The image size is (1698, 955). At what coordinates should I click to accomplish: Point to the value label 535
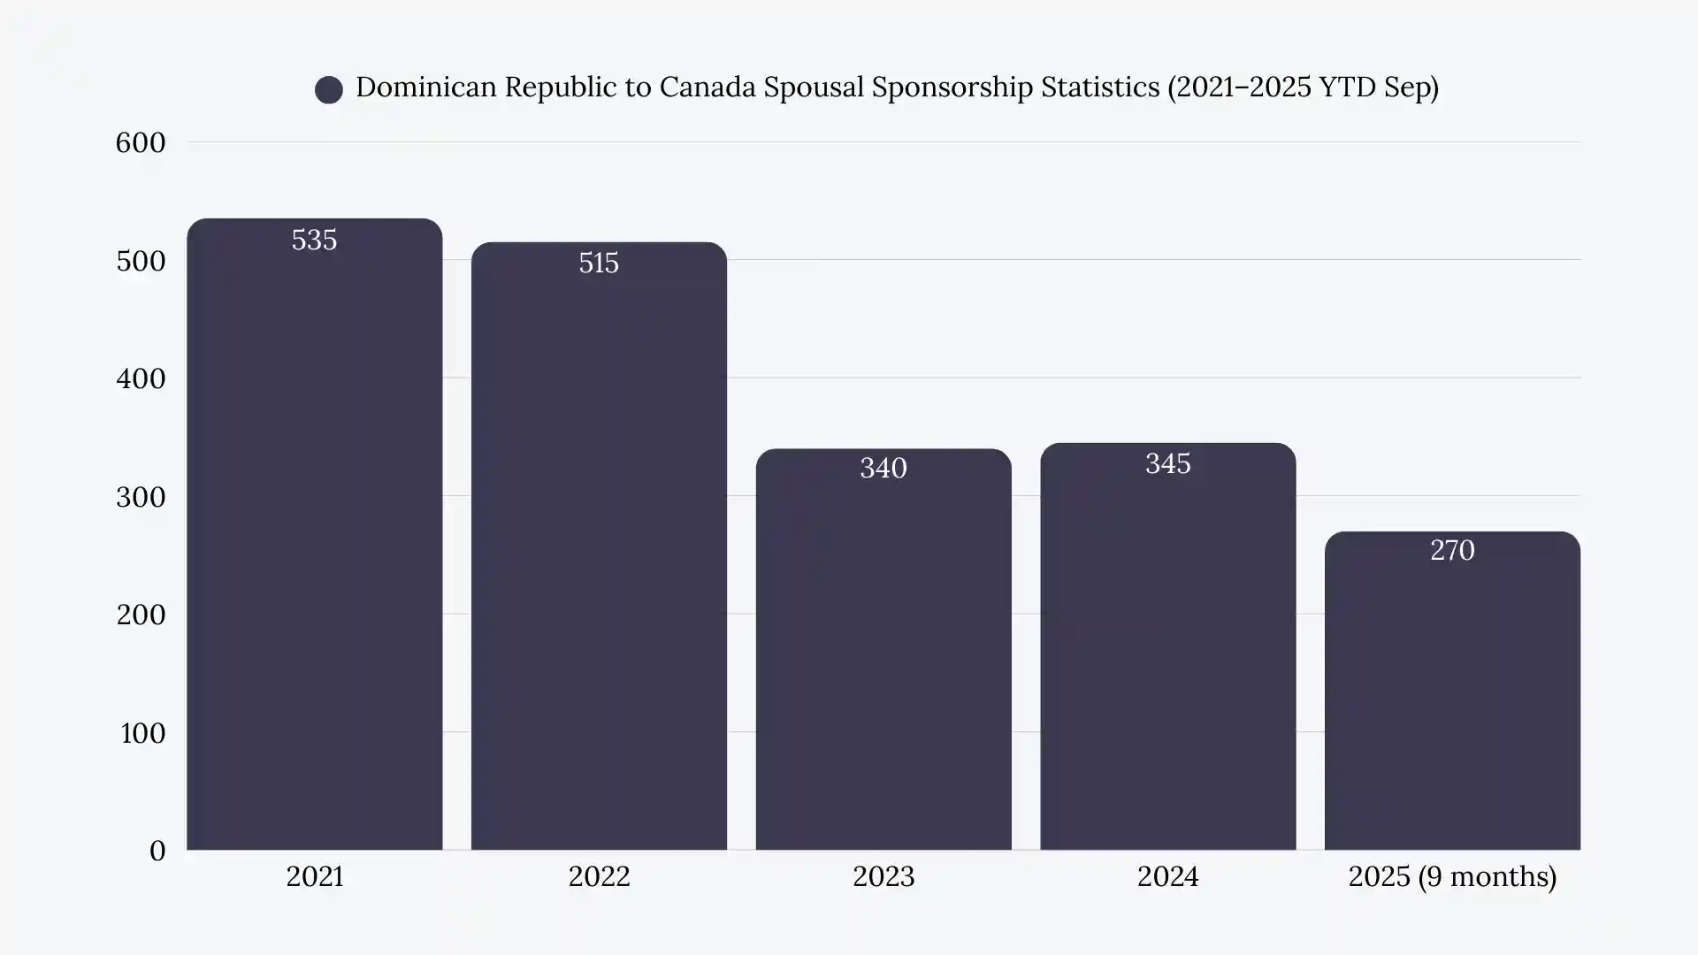[314, 241]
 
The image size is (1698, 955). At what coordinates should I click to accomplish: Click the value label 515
[599, 264]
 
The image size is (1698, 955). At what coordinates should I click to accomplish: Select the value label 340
[883, 469]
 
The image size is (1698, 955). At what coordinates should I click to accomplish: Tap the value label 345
[1167, 464]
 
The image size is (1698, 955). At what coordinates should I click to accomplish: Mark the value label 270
[1452, 551]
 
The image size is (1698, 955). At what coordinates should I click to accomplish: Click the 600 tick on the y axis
[141, 143]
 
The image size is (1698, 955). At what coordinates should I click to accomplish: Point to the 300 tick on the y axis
[141, 498]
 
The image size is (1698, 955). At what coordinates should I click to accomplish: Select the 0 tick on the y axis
[157, 852]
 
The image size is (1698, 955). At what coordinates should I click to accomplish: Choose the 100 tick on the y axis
[142, 734]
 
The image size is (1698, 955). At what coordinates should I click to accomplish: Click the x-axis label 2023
[883, 877]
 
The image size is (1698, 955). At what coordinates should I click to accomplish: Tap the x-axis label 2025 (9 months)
[1452, 877]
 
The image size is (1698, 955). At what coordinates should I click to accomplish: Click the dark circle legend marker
[329, 89]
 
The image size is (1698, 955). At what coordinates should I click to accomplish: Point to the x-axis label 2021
[314, 877]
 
